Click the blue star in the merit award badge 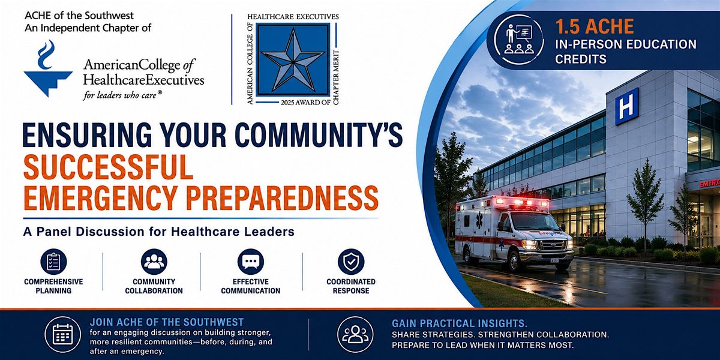[293, 61]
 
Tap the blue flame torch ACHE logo [48, 68]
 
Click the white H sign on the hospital [626, 106]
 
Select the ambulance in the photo [514, 232]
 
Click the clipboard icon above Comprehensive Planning [53, 262]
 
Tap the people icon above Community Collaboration [154, 262]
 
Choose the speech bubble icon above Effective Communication [251, 262]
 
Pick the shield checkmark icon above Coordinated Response [351, 262]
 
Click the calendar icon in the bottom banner [62, 334]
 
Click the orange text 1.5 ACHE [595, 26]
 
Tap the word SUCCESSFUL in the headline [109, 167]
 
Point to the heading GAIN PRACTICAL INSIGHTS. [460, 323]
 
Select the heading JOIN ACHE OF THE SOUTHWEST [167, 322]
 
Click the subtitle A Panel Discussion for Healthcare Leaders [159, 232]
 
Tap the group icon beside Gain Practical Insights [355, 334]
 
